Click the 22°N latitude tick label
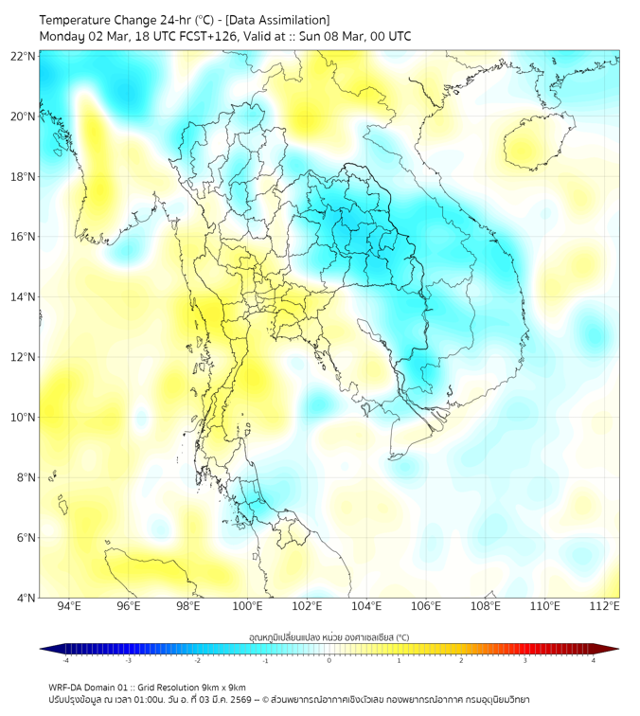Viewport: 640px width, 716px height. (24, 56)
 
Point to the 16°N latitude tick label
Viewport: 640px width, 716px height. (24, 237)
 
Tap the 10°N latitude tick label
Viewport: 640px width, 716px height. (24, 418)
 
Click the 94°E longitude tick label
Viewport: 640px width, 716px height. (69, 606)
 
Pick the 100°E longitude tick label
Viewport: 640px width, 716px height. (248, 606)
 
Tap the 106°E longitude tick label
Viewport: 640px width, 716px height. (426, 606)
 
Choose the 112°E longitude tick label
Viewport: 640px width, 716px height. (605, 606)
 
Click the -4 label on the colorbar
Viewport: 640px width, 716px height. (65, 662)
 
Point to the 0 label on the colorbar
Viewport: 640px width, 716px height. (329, 662)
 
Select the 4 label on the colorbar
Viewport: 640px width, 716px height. (593, 662)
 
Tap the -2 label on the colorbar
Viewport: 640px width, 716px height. (197, 662)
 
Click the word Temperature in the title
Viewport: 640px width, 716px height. (80, 20)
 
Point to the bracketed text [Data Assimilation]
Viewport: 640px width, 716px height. (279, 20)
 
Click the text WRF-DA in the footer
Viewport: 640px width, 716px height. (65, 687)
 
